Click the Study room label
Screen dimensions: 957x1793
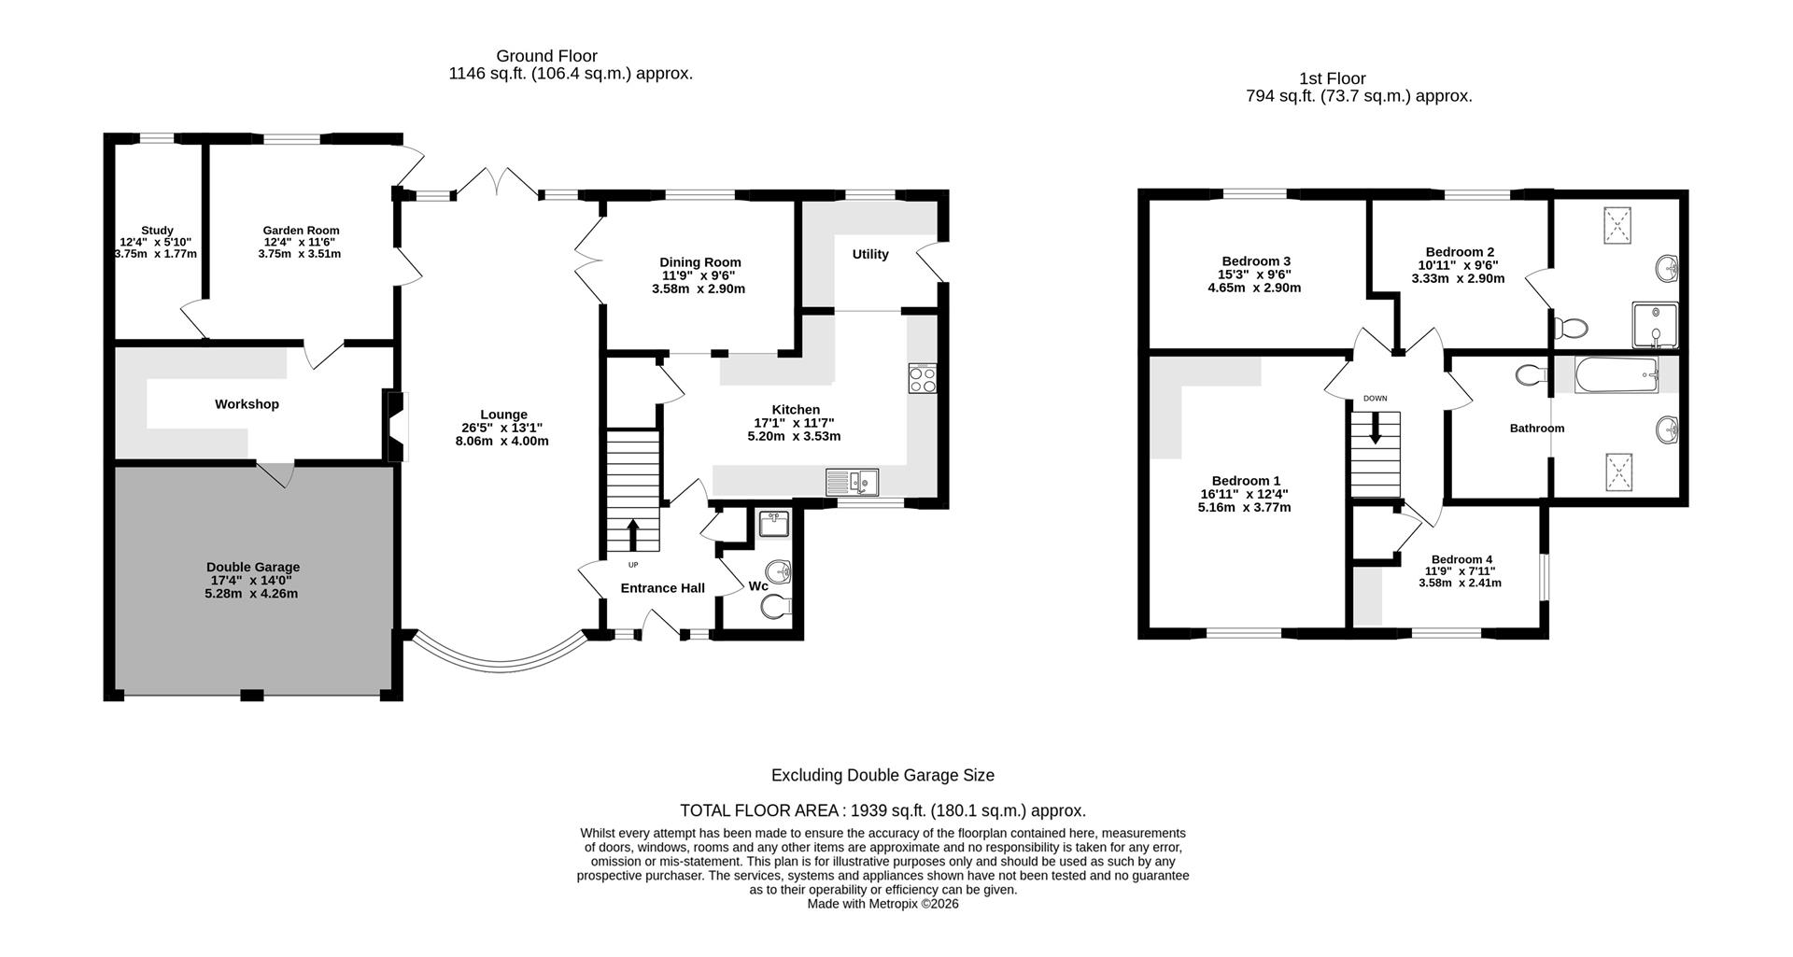coord(157,231)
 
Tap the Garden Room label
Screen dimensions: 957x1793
coord(301,231)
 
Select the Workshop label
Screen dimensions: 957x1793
coord(247,404)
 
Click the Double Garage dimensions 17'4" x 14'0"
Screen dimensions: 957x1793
coord(252,580)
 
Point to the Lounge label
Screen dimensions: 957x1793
coord(503,415)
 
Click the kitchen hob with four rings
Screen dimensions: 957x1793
coord(922,379)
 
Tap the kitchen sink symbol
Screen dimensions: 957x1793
coord(852,483)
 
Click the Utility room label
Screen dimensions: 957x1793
coord(869,254)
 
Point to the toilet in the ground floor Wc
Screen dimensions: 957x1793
coord(774,609)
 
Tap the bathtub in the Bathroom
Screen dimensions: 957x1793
coord(1616,375)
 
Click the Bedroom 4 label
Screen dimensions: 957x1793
coord(1461,559)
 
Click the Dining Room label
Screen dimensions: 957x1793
coord(699,262)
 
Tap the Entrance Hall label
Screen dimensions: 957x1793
coord(662,588)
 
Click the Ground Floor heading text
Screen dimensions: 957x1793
coord(546,56)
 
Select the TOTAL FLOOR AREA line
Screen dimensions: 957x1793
coord(882,810)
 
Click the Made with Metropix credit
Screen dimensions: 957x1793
coord(882,904)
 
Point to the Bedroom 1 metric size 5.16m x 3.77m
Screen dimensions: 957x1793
coord(1244,508)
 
